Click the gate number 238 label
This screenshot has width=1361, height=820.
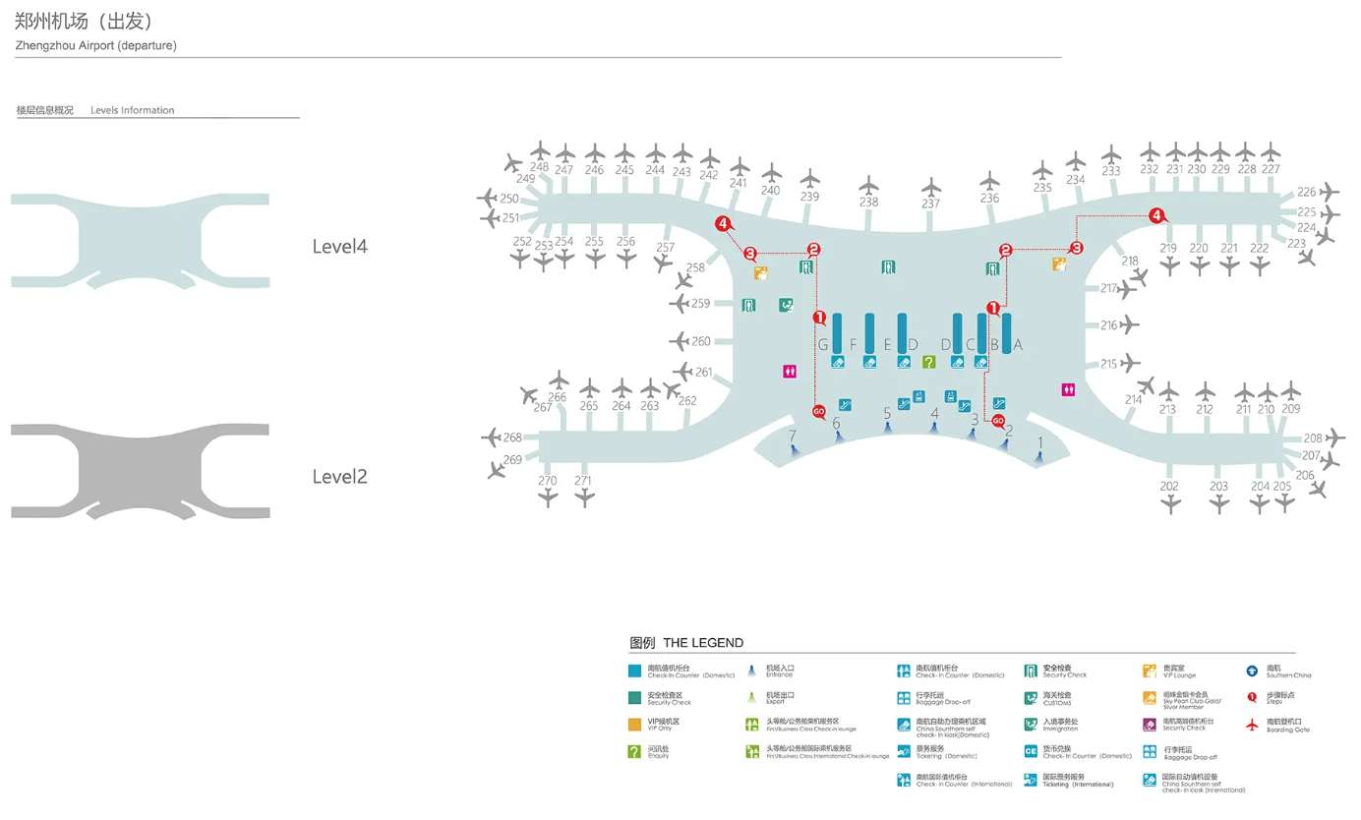pos(868,203)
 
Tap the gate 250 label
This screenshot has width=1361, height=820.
pos(509,199)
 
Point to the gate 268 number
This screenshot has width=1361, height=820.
pos(512,438)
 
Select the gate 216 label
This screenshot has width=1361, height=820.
pos(1109,325)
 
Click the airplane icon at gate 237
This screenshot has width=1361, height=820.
pos(930,187)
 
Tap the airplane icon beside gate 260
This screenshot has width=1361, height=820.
pos(680,341)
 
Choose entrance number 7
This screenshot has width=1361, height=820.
pos(792,435)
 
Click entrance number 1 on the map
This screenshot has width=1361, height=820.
pos(1039,442)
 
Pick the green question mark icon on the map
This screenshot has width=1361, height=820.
pos(928,362)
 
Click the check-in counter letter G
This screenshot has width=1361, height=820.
pos(823,344)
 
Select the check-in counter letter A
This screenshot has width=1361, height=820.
pos(1018,344)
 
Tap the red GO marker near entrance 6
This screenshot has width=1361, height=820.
pos(819,411)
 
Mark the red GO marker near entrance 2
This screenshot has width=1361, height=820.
pos(998,421)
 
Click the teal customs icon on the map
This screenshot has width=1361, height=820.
pos(786,305)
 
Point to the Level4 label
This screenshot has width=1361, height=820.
pos(339,247)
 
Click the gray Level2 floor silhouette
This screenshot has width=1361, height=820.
pos(140,472)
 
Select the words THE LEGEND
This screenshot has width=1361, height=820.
pos(703,643)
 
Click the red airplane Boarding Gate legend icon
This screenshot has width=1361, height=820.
pos(1252,725)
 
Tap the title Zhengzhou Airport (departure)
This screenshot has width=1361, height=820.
pos(96,46)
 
